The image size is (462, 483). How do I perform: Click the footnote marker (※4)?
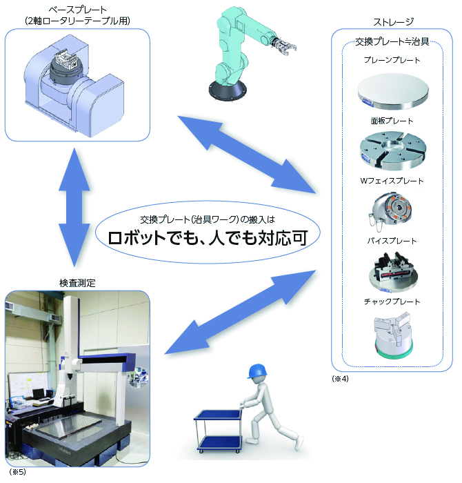[x=341, y=379]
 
